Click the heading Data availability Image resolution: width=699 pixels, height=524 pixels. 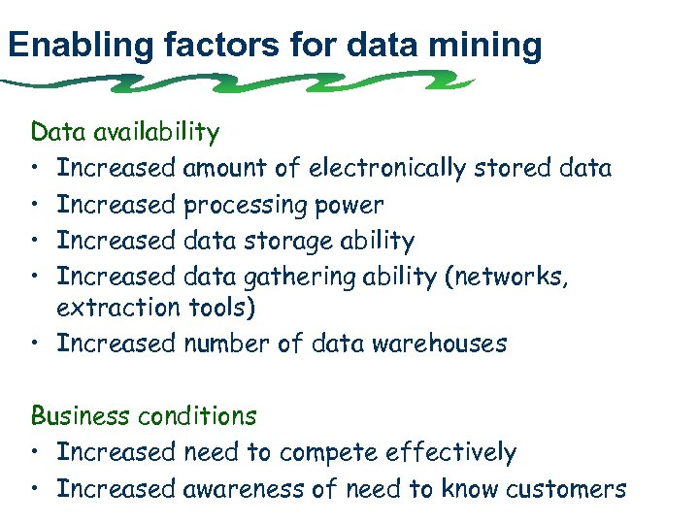(125, 132)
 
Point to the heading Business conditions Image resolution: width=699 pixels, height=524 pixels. (144, 417)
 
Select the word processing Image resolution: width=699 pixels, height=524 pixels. (245, 206)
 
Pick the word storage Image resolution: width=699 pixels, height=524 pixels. (283, 241)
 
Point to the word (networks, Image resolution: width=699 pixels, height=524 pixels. (507, 277)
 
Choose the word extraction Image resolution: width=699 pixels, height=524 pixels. (116, 309)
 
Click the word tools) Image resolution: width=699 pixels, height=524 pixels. (216, 309)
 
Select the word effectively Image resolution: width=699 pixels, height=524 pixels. (450, 453)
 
